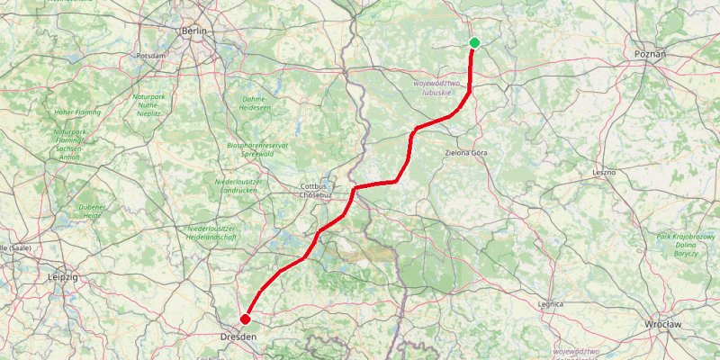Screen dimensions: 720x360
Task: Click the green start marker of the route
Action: (474, 43)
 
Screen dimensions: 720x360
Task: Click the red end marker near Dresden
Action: (245, 318)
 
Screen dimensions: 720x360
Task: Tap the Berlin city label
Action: (194, 31)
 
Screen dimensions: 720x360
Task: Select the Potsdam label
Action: (150, 56)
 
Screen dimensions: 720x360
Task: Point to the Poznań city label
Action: (650, 54)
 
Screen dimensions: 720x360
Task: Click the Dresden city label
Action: (238, 336)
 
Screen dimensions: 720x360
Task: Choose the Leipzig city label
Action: (62, 278)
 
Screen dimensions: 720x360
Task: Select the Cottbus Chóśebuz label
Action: (316, 191)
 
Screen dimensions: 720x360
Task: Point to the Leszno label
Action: (603, 171)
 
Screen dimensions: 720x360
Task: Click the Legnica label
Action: (550, 304)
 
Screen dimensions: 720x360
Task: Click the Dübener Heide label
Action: (92, 211)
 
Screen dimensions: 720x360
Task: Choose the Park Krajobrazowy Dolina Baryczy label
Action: (679, 244)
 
